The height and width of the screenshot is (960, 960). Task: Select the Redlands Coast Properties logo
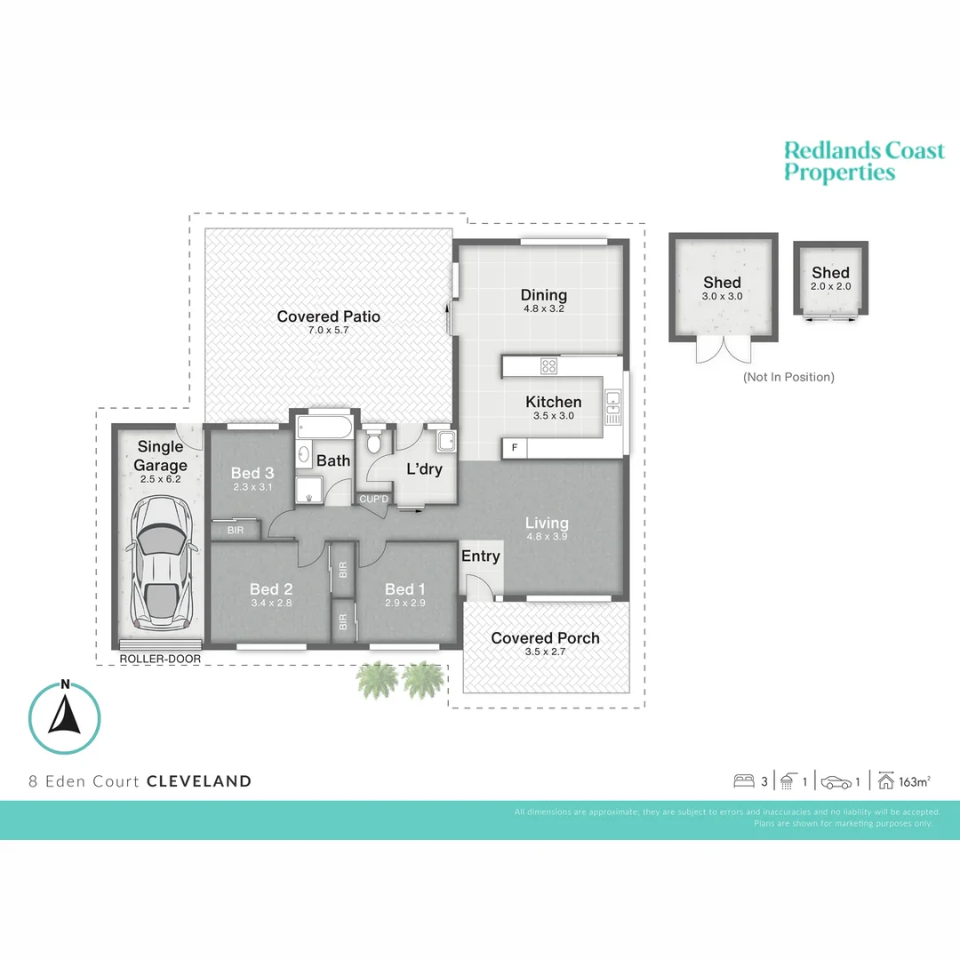[x=863, y=161]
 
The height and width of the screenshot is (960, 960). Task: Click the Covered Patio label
[x=328, y=316]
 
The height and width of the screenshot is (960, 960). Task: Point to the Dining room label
[x=544, y=295]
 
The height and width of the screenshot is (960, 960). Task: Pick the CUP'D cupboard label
[x=373, y=499]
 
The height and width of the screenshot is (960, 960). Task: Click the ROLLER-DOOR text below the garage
[x=160, y=660]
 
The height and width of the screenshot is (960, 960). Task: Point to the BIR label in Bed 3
[x=236, y=530]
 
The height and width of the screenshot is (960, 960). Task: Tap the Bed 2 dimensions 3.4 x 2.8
[x=270, y=603]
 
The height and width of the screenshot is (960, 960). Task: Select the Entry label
[x=480, y=556]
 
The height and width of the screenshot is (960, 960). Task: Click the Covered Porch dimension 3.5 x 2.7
[x=545, y=652]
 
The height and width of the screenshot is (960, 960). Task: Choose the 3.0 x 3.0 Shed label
[x=722, y=296]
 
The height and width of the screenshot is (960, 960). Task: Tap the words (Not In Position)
[x=788, y=377]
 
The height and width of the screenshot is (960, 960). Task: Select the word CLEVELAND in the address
[x=199, y=781]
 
